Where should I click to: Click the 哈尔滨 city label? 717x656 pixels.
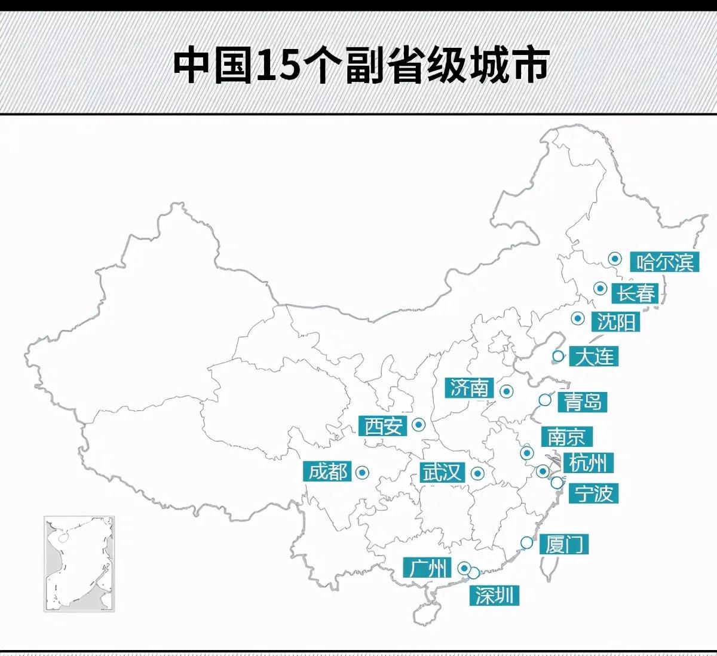tap(664, 262)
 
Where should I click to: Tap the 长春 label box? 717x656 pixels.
tap(636, 293)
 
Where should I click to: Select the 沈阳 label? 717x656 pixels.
tap(616, 322)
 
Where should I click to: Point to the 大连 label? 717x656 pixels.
tap(594, 357)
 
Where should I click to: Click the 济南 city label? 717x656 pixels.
tap(470, 388)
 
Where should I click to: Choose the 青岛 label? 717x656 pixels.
tap(582, 401)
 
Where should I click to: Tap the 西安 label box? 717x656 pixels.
tap(383, 426)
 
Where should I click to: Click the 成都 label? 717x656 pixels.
tap(328, 472)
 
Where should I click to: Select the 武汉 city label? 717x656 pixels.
tap(442, 473)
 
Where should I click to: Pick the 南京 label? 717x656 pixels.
tap(566, 437)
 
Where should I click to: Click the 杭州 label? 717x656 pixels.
tap(588, 462)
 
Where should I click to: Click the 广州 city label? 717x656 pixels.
tap(427, 568)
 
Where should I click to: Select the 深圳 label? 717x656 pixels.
tap(494, 595)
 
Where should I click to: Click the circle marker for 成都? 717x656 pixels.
tap(362, 473)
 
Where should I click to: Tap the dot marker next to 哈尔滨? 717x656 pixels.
tap(614, 259)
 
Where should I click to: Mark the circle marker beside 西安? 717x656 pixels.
tap(419, 425)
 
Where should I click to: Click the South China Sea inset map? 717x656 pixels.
tap(79, 563)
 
